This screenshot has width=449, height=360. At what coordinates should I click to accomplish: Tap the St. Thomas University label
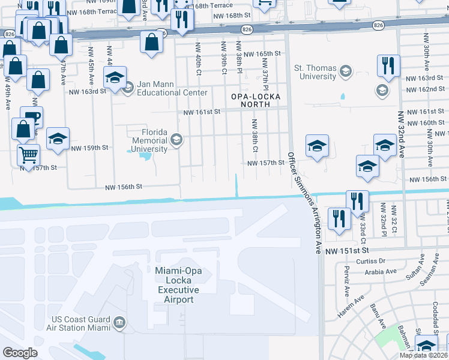point(315,72)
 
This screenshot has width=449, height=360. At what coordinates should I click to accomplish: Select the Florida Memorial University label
point(146,140)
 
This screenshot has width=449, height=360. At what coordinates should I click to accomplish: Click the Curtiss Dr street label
point(370,261)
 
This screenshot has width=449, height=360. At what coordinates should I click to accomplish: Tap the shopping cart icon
point(28,155)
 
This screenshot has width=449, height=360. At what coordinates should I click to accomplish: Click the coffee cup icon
point(31,117)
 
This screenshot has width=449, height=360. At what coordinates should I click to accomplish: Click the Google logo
point(20,353)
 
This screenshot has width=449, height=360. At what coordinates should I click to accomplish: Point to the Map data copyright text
point(423,355)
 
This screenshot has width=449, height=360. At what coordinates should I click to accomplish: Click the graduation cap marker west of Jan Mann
point(115,77)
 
